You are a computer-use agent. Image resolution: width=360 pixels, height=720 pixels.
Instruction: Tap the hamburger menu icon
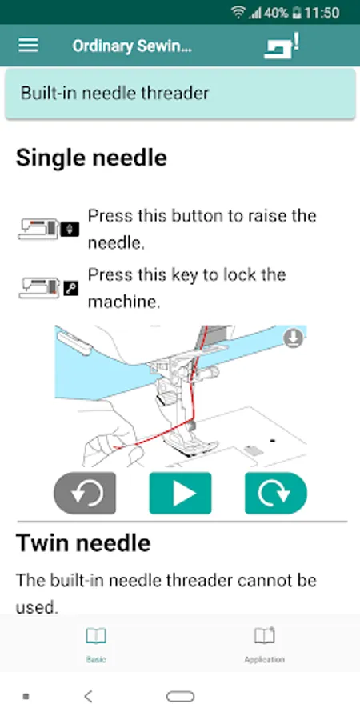[x=28, y=45]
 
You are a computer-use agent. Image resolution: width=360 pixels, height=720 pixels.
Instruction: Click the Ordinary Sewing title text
[x=132, y=46]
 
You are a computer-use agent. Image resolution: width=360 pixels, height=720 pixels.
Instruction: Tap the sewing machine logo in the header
[x=282, y=45]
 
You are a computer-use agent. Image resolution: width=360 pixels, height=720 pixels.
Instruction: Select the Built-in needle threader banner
[x=180, y=94]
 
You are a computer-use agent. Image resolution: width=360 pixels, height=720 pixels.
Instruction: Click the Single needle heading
[x=91, y=158]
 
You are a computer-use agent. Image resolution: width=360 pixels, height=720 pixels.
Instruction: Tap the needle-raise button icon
[x=70, y=229]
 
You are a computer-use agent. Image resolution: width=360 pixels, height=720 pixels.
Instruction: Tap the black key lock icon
[x=70, y=288]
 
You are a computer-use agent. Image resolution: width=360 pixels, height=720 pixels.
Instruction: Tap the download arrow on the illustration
[x=293, y=339]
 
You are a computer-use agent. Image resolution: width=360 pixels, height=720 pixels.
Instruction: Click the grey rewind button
[x=85, y=493]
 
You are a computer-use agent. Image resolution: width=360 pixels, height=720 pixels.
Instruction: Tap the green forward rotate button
[x=275, y=493]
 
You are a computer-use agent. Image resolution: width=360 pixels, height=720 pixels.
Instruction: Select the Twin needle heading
[x=83, y=543]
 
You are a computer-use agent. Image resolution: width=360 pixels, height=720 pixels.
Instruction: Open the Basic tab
[x=96, y=645]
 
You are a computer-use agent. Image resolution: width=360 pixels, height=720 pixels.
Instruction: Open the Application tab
[x=265, y=645]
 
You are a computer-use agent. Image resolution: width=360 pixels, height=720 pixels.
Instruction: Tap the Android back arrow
[x=89, y=697]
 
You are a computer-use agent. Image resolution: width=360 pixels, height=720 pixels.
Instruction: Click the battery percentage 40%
[x=276, y=13]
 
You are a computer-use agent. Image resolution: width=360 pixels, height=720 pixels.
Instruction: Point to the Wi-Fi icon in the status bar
[x=238, y=12]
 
